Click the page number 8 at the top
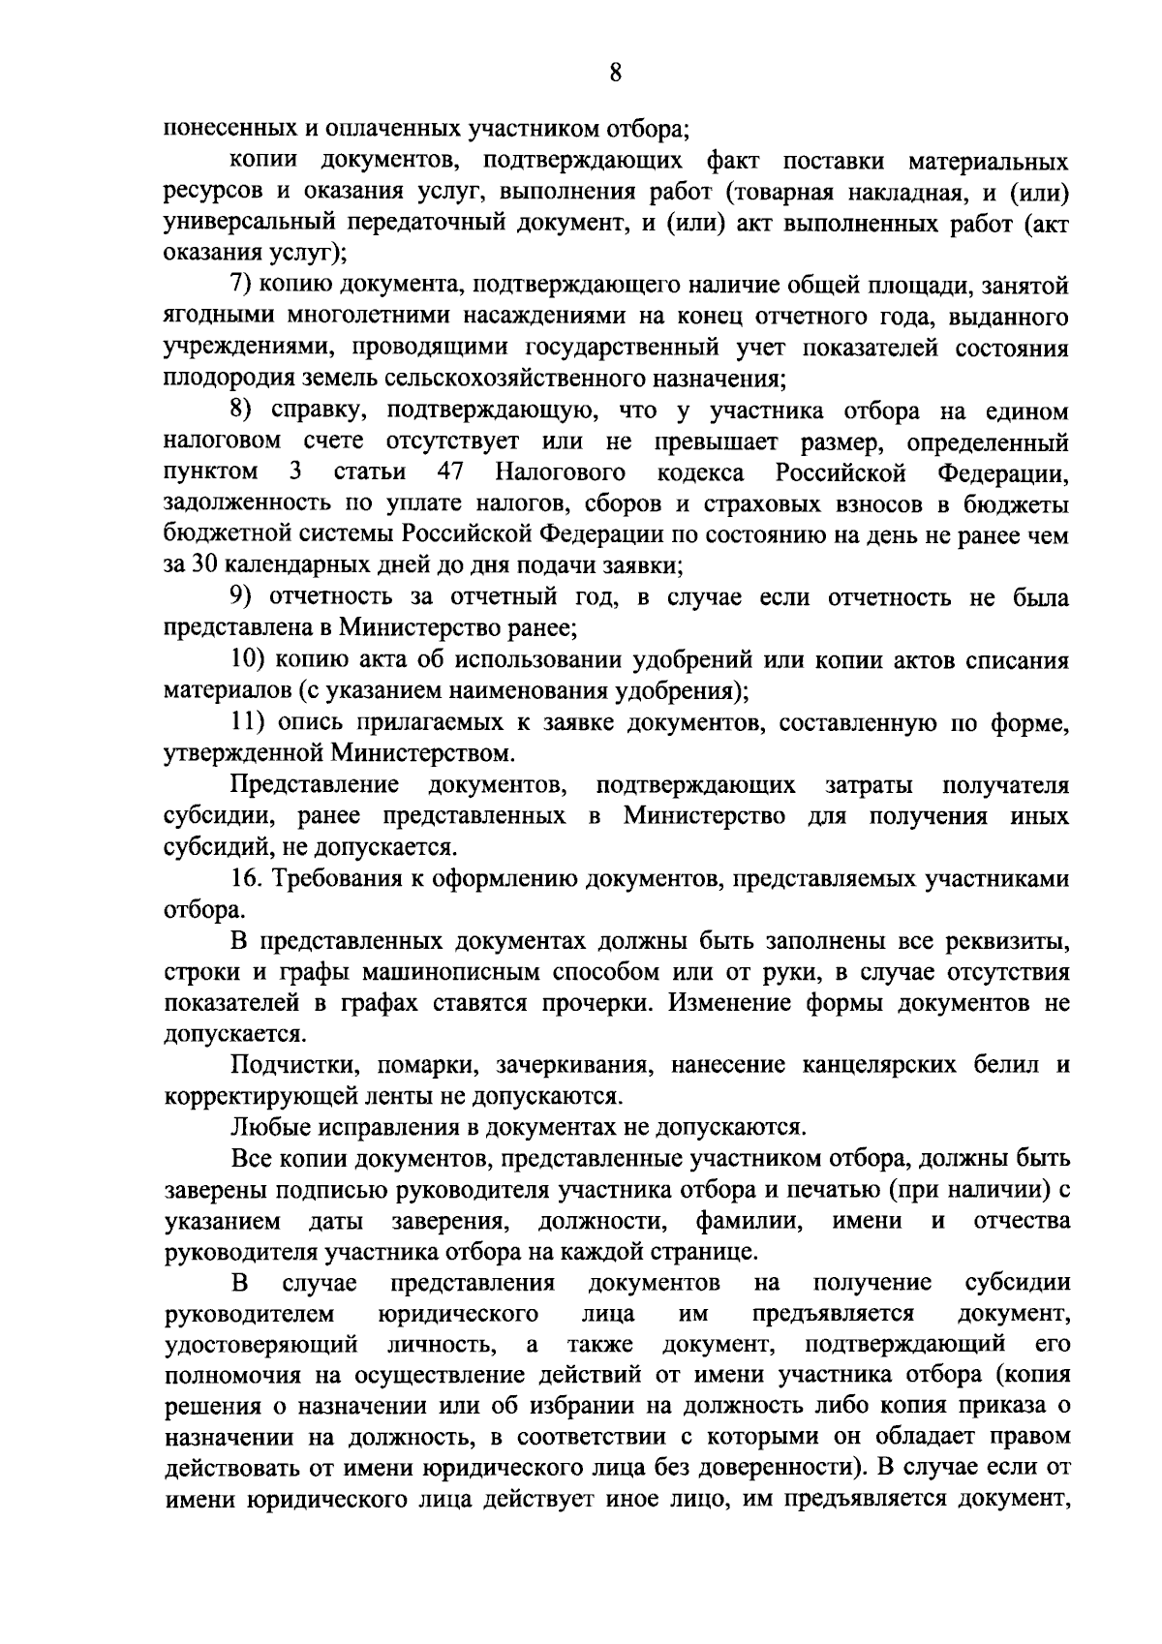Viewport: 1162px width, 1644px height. click(616, 74)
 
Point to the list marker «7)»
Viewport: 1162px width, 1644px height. click(241, 287)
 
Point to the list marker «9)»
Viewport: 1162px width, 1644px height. click(242, 598)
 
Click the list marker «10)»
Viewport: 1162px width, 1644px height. click(247, 661)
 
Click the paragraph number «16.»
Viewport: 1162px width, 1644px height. click(246, 879)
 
